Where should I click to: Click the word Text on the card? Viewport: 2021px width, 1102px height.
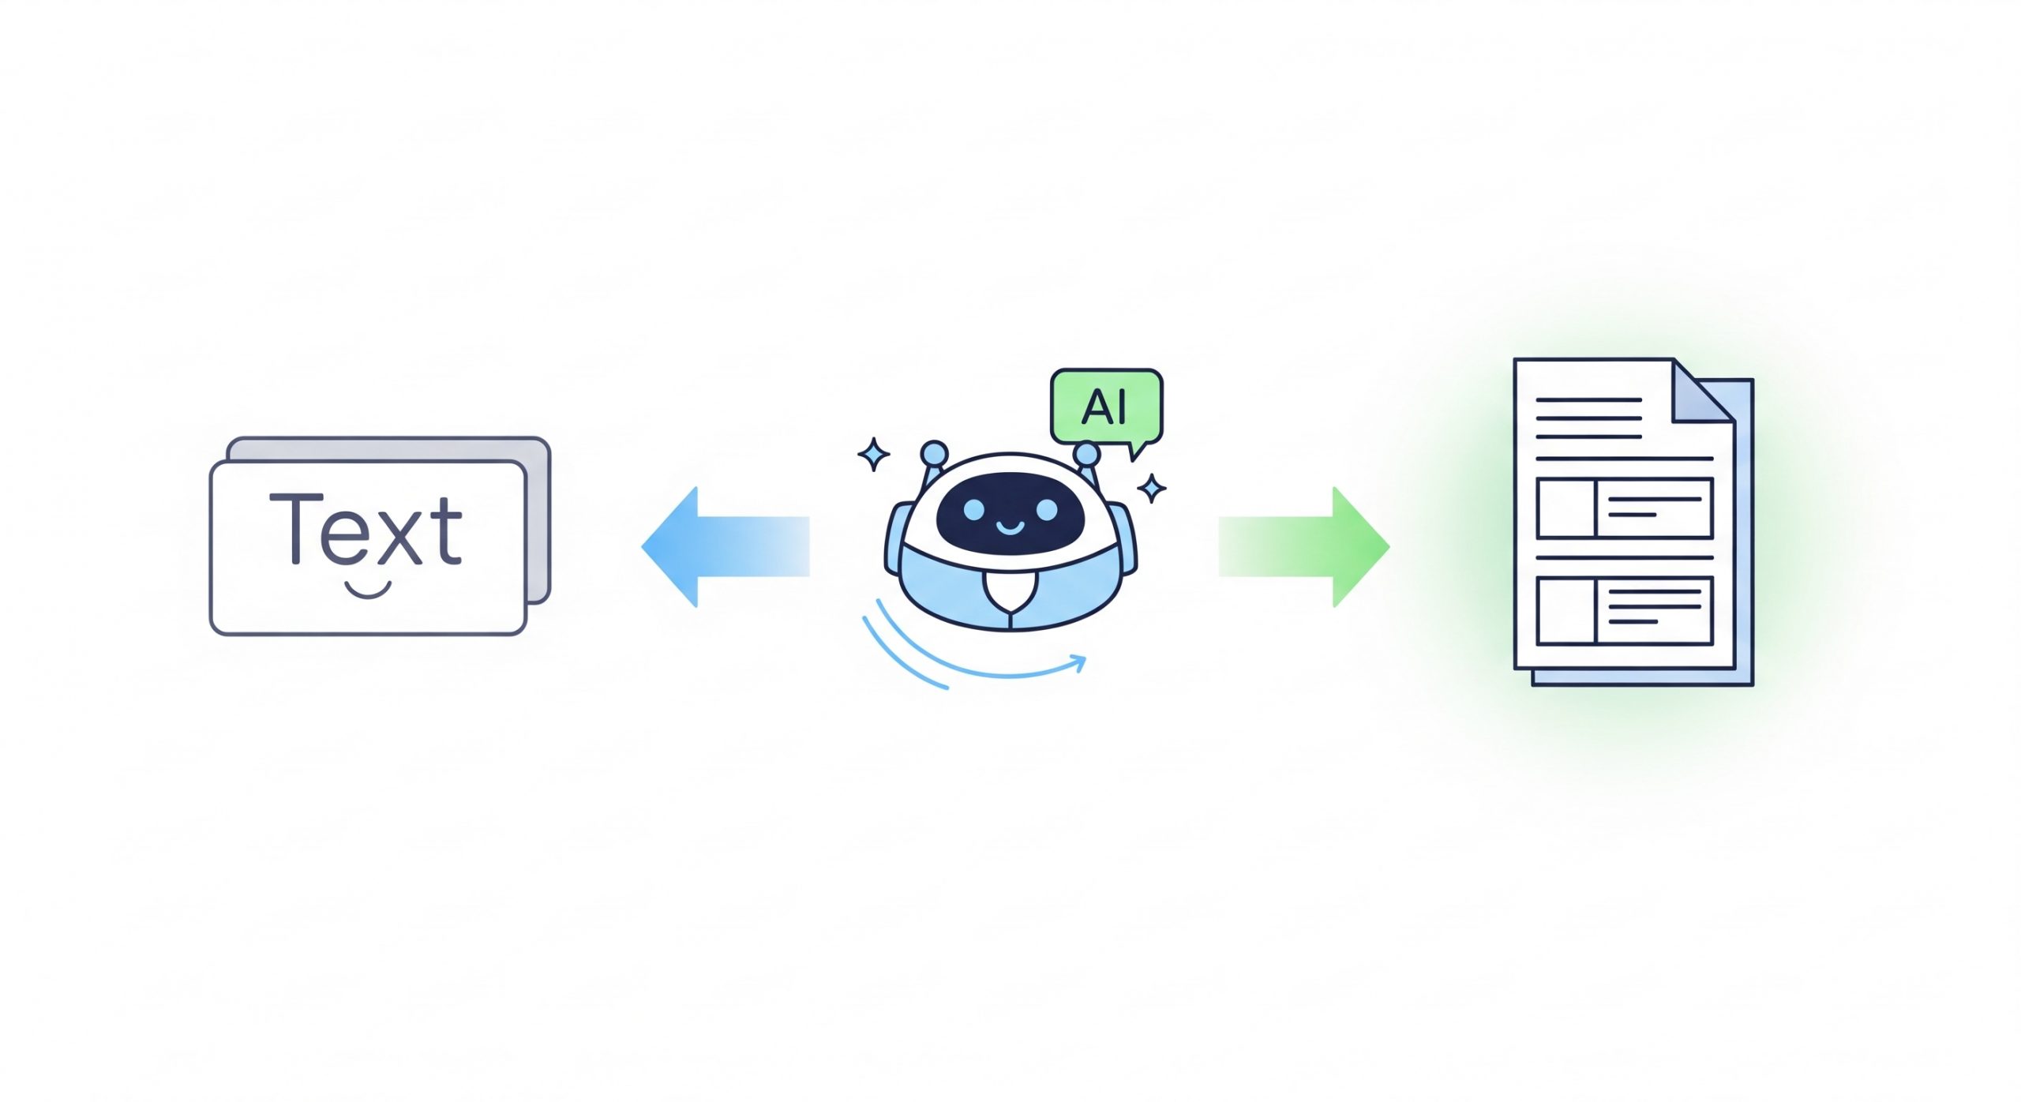point(366,529)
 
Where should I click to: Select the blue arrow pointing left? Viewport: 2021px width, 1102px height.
point(725,546)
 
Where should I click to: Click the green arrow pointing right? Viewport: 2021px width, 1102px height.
point(1304,546)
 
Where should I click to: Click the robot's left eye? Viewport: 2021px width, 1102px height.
point(973,509)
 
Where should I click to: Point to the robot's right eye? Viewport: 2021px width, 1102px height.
point(1046,509)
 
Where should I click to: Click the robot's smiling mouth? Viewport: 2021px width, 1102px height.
point(1010,526)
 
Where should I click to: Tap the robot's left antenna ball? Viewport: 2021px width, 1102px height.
point(934,453)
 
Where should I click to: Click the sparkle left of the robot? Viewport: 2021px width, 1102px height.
point(874,454)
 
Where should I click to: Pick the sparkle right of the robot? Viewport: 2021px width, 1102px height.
point(1152,488)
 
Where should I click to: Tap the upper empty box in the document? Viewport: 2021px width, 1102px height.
point(1566,508)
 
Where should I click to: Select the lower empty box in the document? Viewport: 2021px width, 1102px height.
point(1566,610)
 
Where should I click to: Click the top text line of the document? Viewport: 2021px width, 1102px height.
point(1589,400)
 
